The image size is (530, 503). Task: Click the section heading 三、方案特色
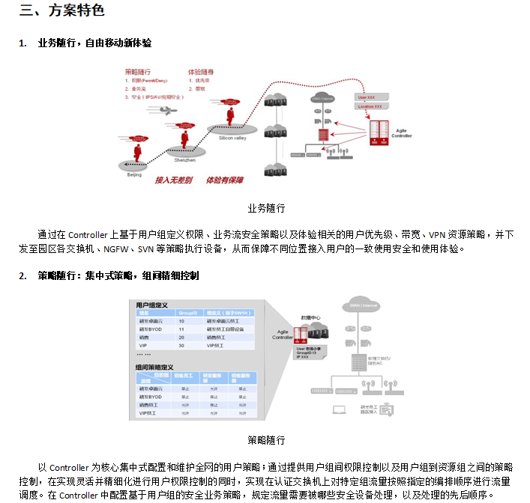point(62,10)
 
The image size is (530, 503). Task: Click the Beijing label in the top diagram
point(133,174)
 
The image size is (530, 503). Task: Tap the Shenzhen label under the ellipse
point(184,160)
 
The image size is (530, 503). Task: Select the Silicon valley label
point(233,138)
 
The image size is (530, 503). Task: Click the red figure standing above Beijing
point(138,151)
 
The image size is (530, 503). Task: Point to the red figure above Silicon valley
point(231,115)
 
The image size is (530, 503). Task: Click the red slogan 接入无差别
point(174,180)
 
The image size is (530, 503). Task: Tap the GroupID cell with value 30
point(181,346)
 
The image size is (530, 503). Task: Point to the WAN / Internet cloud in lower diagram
point(363,305)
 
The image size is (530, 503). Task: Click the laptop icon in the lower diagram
point(339,409)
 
